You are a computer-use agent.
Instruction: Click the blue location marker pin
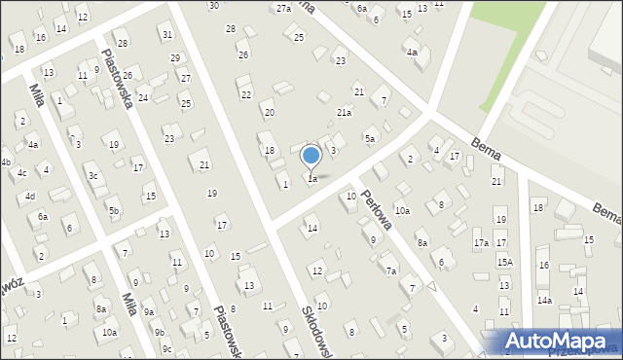[x=311, y=156]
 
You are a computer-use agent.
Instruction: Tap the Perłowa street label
[x=376, y=207]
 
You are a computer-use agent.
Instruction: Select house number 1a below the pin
[x=312, y=179]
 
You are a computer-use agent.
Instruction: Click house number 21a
[x=344, y=113]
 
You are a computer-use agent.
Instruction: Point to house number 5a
[x=370, y=139]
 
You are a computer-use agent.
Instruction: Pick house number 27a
[x=283, y=8]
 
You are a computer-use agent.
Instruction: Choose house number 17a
[x=481, y=242]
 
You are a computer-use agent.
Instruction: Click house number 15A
[x=504, y=262]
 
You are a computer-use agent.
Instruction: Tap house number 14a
[x=544, y=301]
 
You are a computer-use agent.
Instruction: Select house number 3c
[x=93, y=176]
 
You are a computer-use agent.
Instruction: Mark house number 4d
[x=30, y=197]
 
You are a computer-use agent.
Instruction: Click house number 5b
[x=114, y=210]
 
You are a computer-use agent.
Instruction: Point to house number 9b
[x=159, y=333]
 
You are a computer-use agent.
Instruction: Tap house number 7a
[x=391, y=270]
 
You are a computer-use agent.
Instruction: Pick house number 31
[x=167, y=35]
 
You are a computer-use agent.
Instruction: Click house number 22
[x=246, y=94]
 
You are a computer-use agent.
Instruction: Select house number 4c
[x=21, y=173]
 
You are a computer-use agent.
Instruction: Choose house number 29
[x=175, y=58]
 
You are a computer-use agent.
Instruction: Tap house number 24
[x=143, y=97]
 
